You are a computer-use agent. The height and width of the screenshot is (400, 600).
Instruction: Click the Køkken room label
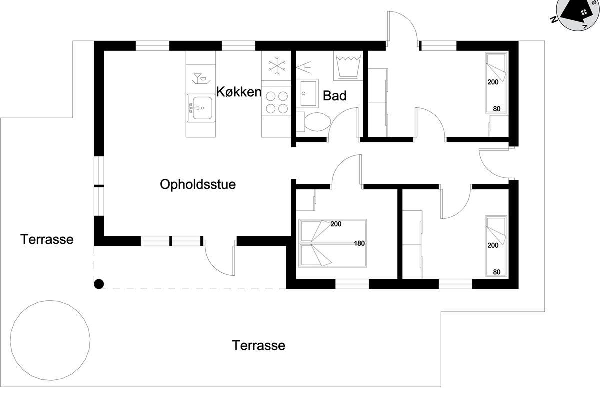tap(238, 92)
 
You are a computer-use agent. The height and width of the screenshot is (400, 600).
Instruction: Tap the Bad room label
tap(334, 95)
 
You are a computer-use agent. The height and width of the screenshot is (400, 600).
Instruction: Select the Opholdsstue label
tap(198, 184)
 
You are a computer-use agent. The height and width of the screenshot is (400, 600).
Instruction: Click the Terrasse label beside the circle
tap(259, 345)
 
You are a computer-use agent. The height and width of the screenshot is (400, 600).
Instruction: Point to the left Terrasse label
tap(47, 239)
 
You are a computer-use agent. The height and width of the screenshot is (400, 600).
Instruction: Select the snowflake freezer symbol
tap(277, 65)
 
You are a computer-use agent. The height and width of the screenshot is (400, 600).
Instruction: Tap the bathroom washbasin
tap(308, 93)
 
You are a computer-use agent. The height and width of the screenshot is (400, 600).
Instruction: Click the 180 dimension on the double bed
tap(359, 243)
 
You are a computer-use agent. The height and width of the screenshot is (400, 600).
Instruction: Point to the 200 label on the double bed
tap(336, 224)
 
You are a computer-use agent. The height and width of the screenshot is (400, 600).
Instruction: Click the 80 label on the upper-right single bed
tap(497, 109)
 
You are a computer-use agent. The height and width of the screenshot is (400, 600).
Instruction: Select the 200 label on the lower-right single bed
tap(493, 245)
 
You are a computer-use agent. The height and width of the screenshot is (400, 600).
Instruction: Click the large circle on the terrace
tap(50, 340)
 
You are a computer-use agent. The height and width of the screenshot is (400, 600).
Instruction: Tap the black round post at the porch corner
tap(99, 284)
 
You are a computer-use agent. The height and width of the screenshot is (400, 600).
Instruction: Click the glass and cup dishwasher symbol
tap(201, 79)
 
